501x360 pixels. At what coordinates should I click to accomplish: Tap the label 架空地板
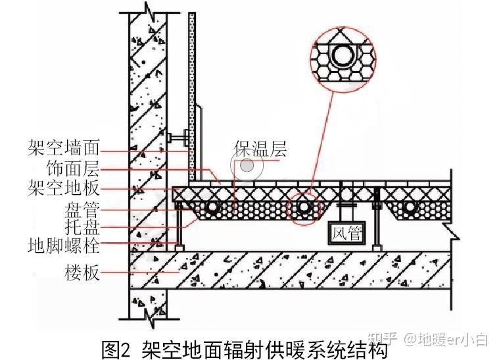pyautogui.click(x=64, y=188)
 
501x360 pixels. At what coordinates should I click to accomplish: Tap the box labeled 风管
pyautogui.click(x=346, y=234)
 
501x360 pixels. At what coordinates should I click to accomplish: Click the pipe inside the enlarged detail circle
pyautogui.click(x=342, y=57)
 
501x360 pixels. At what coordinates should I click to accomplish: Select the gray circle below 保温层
pyautogui.click(x=247, y=167)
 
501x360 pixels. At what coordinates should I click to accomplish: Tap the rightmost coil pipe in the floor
pyautogui.click(x=409, y=208)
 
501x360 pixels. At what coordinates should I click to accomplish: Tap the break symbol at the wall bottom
pyautogui.click(x=149, y=321)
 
